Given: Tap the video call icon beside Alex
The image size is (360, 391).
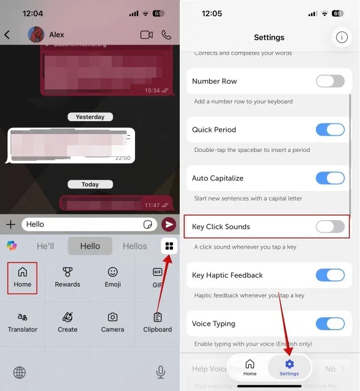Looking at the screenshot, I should click(146, 35).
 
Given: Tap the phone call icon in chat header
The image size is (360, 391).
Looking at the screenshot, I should click(166, 35).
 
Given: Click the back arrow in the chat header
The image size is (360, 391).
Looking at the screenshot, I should click(7, 35).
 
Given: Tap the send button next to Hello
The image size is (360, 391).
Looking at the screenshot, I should click(168, 225).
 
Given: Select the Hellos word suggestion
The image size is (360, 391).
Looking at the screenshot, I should click(135, 246).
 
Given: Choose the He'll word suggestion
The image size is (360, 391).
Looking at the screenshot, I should click(45, 246).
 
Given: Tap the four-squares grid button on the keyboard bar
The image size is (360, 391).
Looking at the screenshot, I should click(169, 246).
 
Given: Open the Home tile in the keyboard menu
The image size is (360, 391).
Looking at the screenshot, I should click(22, 277).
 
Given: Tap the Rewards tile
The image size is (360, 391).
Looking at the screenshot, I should click(68, 277).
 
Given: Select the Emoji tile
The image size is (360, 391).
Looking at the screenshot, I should click(113, 277).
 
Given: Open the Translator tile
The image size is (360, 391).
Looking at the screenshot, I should click(22, 322).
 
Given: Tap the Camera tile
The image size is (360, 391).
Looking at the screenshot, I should click(113, 322).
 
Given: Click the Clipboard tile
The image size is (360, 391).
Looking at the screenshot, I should click(157, 322).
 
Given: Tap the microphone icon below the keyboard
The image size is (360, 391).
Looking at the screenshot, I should click(161, 372).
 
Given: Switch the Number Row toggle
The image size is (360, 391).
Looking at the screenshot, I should click(330, 82).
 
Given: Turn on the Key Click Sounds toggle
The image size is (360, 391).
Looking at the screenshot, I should click(330, 227).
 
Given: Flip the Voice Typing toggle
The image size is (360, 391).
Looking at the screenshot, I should click(330, 324).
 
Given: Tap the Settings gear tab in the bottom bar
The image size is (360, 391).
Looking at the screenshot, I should click(289, 368).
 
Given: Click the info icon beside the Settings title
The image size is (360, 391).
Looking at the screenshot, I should click(342, 37).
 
